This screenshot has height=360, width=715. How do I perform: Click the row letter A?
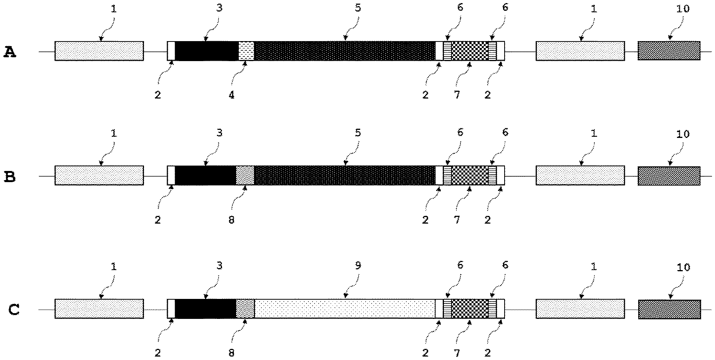click(10, 52)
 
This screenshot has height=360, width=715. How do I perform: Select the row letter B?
click(10, 176)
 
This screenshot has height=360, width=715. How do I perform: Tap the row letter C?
click(14, 309)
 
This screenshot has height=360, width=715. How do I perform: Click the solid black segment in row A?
click(207, 51)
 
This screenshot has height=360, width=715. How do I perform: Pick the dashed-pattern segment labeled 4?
click(246, 51)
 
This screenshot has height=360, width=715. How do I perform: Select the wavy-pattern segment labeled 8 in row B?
click(245, 176)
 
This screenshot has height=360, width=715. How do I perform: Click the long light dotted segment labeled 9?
click(344, 309)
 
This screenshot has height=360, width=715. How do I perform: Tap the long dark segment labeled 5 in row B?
click(344, 176)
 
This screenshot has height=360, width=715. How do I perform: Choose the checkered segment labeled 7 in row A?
click(470, 51)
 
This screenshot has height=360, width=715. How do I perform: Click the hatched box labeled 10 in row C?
click(669, 309)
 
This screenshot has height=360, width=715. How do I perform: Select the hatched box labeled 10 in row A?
click(669, 51)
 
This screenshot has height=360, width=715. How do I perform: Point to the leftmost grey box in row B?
click(99, 176)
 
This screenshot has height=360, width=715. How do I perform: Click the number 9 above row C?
click(358, 265)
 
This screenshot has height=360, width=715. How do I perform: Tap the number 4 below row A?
click(232, 95)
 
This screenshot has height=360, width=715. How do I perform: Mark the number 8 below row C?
click(232, 353)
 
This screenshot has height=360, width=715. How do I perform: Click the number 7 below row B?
click(457, 220)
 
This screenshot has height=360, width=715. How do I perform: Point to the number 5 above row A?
click(358, 8)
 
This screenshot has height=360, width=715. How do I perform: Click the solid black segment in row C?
click(205, 309)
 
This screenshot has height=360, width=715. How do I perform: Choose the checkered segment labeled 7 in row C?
click(470, 309)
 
